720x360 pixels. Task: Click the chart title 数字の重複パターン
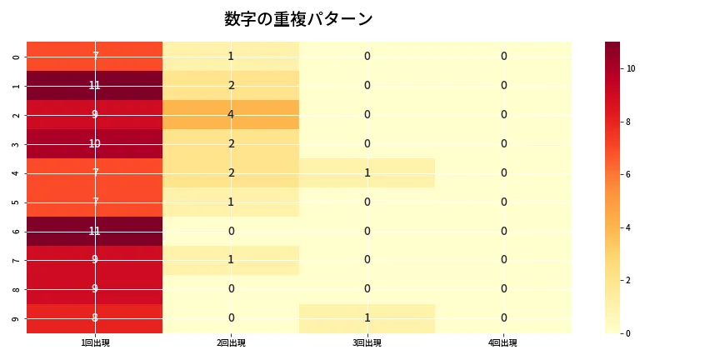point(298,19)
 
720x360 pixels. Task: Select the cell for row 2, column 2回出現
point(231,114)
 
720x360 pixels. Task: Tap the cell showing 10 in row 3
point(95,143)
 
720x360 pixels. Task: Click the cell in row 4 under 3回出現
point(367,172)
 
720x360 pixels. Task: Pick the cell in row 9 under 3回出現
point(367,317)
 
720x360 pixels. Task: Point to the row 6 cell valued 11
point(95,231)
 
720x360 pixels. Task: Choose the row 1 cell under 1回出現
point(95,85)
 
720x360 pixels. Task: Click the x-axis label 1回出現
point(95,342)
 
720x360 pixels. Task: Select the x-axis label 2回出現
point(231,342)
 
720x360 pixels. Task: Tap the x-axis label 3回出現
point(367,342)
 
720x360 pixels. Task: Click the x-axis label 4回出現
point(503,342)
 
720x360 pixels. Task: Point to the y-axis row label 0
point(17,57)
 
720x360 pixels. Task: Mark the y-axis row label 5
point(17,202)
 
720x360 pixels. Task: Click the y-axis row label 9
point(17,317)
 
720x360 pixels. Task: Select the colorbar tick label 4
point(629,227)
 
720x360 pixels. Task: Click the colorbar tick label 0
point(629,333)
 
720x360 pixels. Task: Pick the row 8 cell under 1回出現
point(95,289)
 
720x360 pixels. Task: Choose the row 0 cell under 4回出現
point(503,56)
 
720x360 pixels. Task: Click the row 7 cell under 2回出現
point(231,260)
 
